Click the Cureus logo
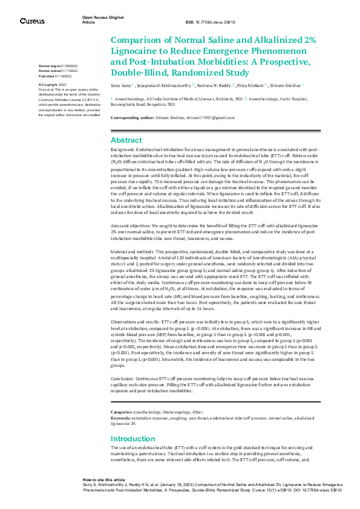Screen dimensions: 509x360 coord(32,21)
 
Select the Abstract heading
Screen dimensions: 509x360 coord(126,140)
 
